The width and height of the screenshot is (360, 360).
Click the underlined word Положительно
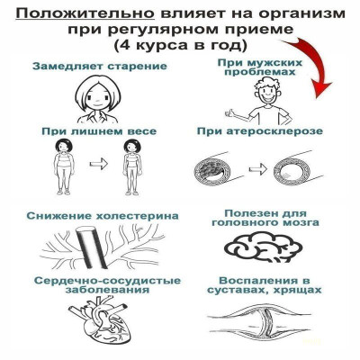tap(85, 14)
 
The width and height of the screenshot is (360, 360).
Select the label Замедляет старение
tap(100, 67)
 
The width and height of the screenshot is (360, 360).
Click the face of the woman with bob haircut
tap(97, 96)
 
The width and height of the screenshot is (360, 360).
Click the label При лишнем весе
tap(99, 131)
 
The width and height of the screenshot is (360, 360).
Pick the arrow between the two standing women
tap(99, 164)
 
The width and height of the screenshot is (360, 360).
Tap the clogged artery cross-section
tap(210, 172)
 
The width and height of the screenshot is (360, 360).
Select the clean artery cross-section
tap(289, 172)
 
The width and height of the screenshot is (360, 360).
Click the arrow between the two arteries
tap(258, 169)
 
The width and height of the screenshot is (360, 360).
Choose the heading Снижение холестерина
tap(103, 216)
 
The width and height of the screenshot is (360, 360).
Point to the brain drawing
tap(263, 247)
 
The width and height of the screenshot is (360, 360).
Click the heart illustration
tap(99, 320)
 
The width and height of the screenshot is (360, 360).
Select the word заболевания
tap(107, 291)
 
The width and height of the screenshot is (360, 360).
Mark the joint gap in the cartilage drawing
tap(266, 322)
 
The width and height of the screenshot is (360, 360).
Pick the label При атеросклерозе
tap(260, 131)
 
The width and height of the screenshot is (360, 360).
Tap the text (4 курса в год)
tap(180, 45)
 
